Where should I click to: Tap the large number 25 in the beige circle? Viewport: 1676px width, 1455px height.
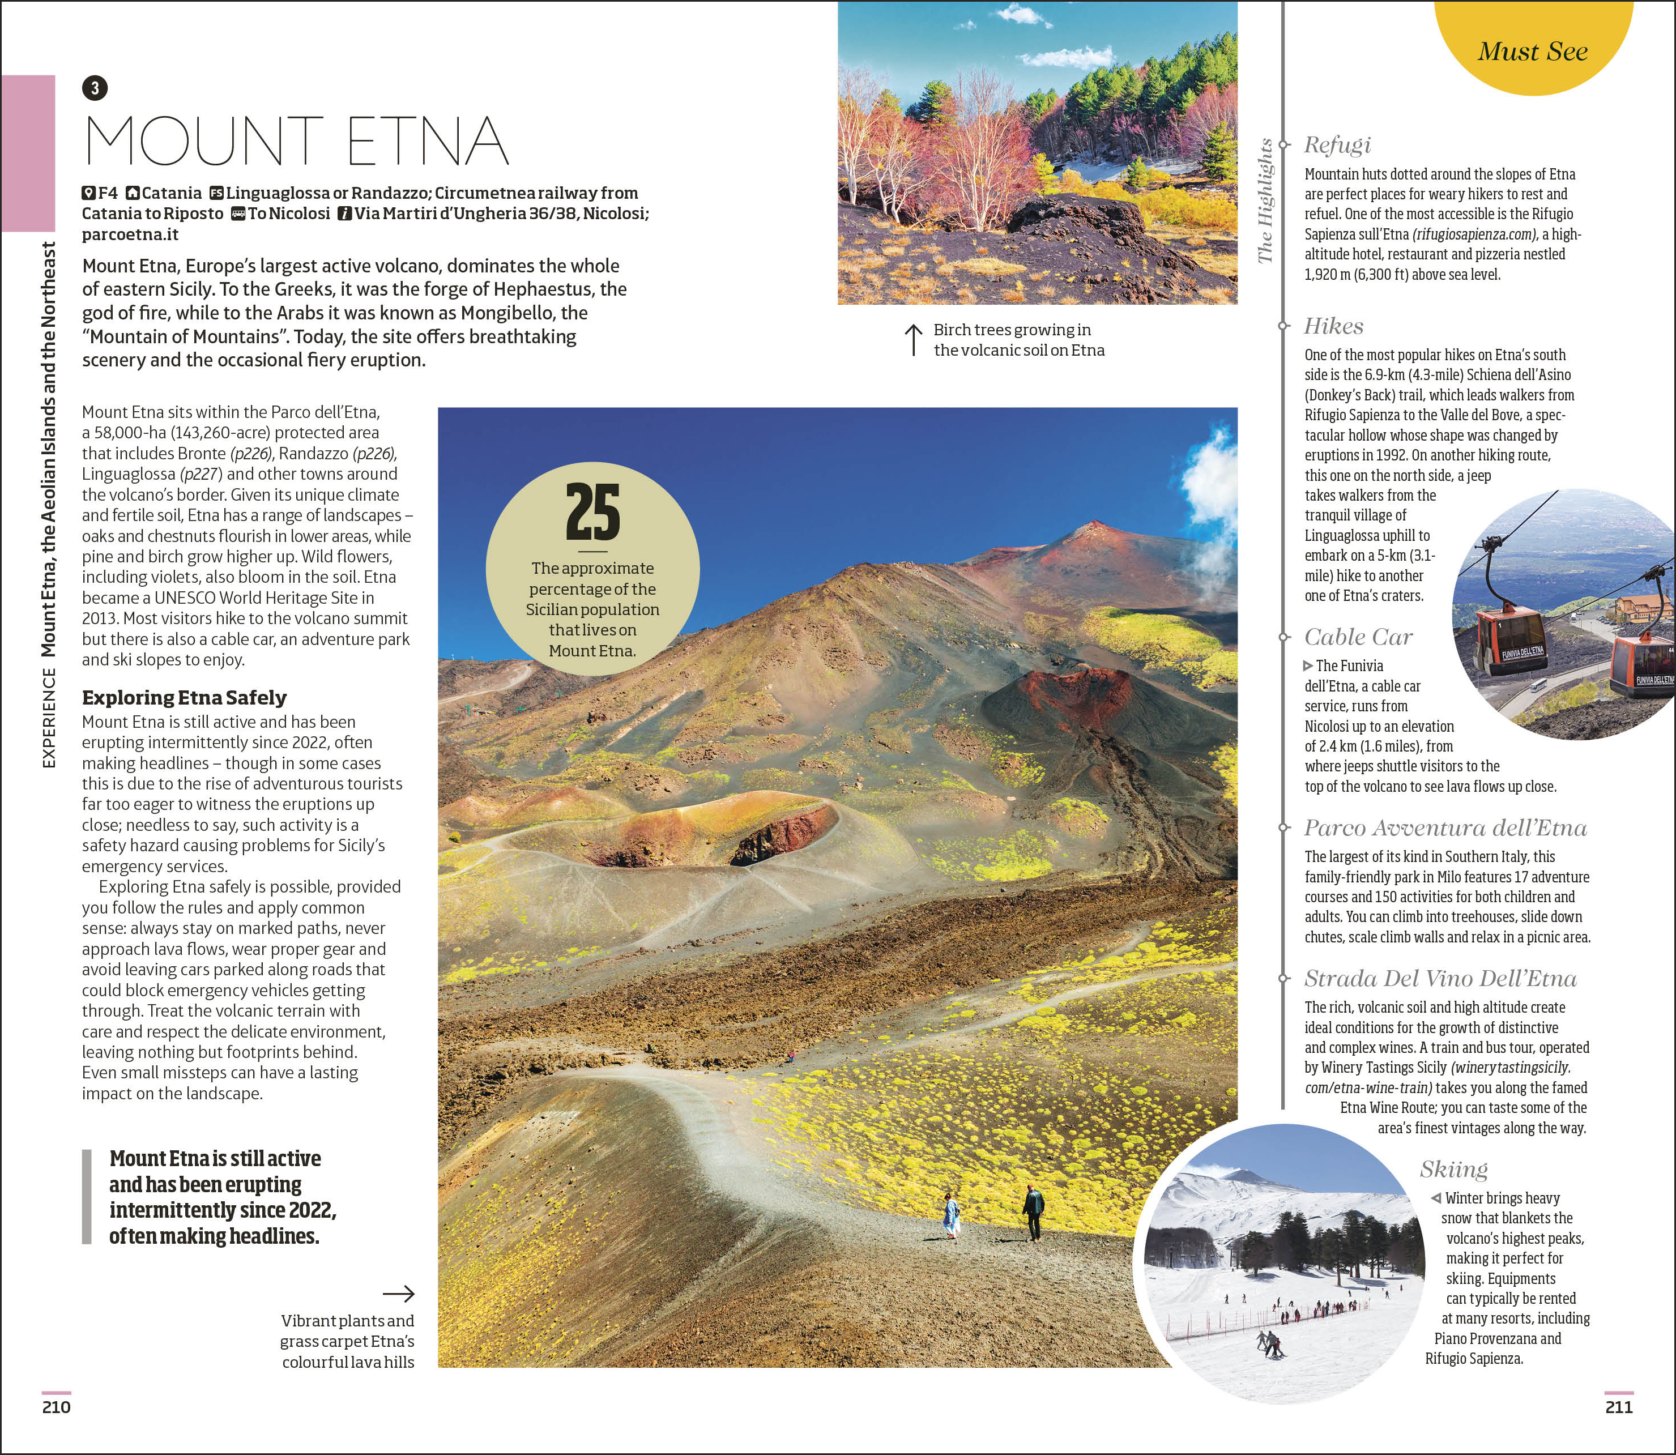click(x=593, y=513)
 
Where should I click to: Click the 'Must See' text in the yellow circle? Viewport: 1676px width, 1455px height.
click(x=1532, y=51)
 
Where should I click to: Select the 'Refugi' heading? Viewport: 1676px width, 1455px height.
click(x=1337, y=144)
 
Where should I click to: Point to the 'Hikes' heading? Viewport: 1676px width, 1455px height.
click(x=1333, y=326)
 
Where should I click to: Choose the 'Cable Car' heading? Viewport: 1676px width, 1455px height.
click(x=1358, y=637)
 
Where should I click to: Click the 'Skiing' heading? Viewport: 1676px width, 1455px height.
click(x=1453, y=1168)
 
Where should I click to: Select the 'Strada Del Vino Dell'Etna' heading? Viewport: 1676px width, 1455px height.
click(x=1440, y=978)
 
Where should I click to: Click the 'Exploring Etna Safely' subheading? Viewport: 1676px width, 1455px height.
click(x=184, y=697)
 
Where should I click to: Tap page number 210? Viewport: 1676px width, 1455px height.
click(x=56, y=1407)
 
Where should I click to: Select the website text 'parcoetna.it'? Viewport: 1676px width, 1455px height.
click(x=130, y=234)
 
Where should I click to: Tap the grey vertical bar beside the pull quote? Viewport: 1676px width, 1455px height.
click(x=87, y=1197)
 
